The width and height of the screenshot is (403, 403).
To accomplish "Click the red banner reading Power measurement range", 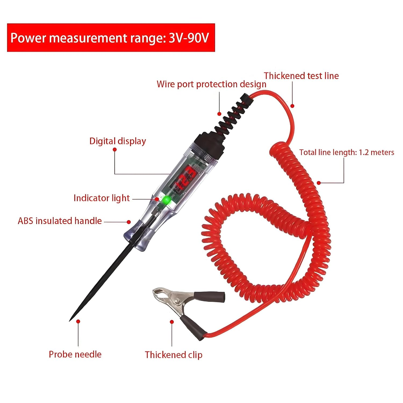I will pyautogui.click(x=111, y=38).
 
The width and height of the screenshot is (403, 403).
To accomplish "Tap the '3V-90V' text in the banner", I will pyautogui.click(x=189, y=38).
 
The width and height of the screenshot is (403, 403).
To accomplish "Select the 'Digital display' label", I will pyautogui.click(x=117, y=141).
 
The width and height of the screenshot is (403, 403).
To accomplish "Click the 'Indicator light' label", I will pyautogui.click(x=102, y=198).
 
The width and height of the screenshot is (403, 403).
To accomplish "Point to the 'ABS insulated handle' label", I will pyautogui.click(x=60, y=221).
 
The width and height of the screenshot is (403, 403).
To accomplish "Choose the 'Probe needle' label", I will pyautogui.click(x=75, y=354).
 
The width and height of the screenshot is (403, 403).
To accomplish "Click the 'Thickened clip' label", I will pyautogui.click(x=174, y=355).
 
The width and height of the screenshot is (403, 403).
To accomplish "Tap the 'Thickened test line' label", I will pyautogui.click(x=301, y=76).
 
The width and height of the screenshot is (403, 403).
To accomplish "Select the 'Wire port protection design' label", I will pyautogui.click(x=211, y=84).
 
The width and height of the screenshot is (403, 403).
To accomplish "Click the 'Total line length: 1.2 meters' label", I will pyautogui.click(x=347, y=152).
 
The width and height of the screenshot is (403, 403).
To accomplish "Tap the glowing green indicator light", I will pyautogui.click(x=167, y=200).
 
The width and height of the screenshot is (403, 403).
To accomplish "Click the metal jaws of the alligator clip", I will pyautogui.click(x=164, y=296).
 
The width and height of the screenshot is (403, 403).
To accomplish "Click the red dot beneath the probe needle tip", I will pyautogui.click(x=78, y=321).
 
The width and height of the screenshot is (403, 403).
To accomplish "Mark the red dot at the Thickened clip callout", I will pyautogui.click(x=172, y=322).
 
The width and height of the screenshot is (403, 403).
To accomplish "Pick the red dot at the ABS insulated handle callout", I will pyautogui.click(x=129, y=222).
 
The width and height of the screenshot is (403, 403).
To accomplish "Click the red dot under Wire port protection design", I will pyautogui.click(x=219, y=114).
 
